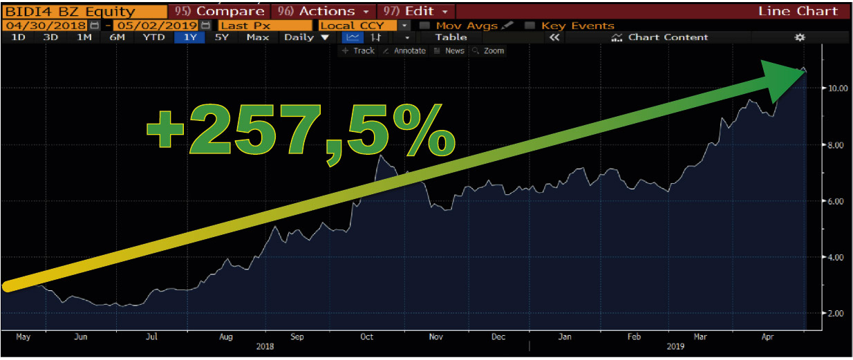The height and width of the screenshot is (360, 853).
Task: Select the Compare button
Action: tap(221, 12)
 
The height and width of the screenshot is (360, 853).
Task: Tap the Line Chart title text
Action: tap(798, 12)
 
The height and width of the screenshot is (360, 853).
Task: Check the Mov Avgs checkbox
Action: tap(425, 26)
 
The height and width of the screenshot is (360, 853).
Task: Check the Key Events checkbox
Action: tap(530, 26)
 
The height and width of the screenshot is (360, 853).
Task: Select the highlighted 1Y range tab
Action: tap(189, 37)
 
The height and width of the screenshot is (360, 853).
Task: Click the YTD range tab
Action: tap(153, 37)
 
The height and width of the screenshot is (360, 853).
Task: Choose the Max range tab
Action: tap(257, 37)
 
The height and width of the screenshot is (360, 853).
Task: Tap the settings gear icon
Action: tap(800, 37)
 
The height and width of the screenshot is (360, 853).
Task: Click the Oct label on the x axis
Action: tap(367, 337)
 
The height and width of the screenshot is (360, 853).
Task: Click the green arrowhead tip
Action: tap(804, 70)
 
